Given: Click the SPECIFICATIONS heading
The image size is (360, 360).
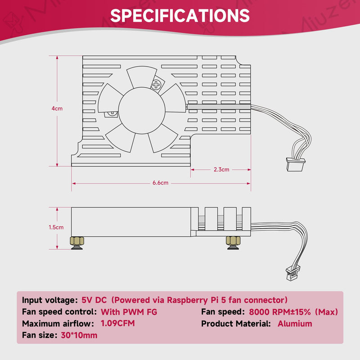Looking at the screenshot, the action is [180, 16].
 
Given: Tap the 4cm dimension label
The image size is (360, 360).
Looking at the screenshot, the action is [57, 108].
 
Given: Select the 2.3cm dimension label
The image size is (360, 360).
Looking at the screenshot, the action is [221, 170].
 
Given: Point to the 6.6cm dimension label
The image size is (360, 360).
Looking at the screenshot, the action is [160, 183].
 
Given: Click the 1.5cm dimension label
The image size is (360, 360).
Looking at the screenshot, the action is [56, 227].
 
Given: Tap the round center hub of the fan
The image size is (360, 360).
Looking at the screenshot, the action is [142, 111].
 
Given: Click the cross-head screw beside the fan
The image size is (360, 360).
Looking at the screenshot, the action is [156, 85].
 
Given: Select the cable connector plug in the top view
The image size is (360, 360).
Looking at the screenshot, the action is [296, 164].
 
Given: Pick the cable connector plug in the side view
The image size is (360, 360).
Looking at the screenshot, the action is [293, 273].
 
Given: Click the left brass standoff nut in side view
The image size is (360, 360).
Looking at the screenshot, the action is [77, 243].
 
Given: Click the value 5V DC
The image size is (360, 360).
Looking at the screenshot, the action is [94, 300].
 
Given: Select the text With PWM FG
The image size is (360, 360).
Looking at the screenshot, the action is [129, 312].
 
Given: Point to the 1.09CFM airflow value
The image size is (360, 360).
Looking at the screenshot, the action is [118, 323].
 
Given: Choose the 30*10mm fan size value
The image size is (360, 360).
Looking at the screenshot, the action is [79, 335].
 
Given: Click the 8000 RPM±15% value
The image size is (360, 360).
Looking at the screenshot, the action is [280, 312].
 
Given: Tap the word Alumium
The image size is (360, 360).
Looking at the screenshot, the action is [295, 324].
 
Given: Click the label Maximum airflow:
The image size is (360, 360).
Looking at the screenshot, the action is [58, 324].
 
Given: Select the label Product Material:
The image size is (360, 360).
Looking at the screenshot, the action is [236, 324].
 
